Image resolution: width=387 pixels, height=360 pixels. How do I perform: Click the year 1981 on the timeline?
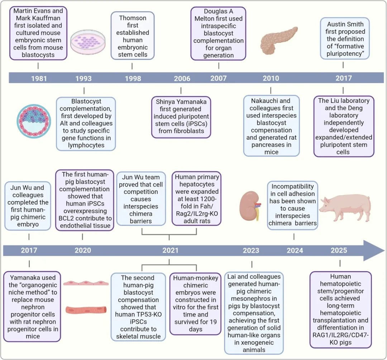point(39,78)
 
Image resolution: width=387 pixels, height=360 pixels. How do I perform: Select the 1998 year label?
point(133,78)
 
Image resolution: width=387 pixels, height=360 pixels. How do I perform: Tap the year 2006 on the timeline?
point(182,78)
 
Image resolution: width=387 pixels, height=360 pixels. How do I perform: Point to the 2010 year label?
point(271,78)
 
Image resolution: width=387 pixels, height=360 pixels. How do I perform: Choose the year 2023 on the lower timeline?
point(251,250)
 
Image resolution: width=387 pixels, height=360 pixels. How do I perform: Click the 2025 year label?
point(339,250)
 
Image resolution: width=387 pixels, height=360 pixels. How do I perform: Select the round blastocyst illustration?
point(34,121)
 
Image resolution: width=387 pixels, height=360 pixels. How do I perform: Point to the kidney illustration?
point(250,206)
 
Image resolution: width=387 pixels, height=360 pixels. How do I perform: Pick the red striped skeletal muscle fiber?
point(86,309)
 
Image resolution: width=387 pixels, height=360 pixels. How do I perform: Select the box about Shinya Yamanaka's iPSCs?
point(181,117)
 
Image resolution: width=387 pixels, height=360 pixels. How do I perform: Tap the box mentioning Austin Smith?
point(345,38)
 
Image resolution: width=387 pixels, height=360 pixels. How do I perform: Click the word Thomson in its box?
point(133,18)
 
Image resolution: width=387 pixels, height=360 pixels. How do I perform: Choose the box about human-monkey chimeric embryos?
point(196,304)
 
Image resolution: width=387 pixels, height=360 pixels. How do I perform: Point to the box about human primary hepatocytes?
point(197,199)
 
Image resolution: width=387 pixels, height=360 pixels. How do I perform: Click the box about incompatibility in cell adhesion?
point(292,206)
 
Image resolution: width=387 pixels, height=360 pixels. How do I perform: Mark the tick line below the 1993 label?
point(84,91)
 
